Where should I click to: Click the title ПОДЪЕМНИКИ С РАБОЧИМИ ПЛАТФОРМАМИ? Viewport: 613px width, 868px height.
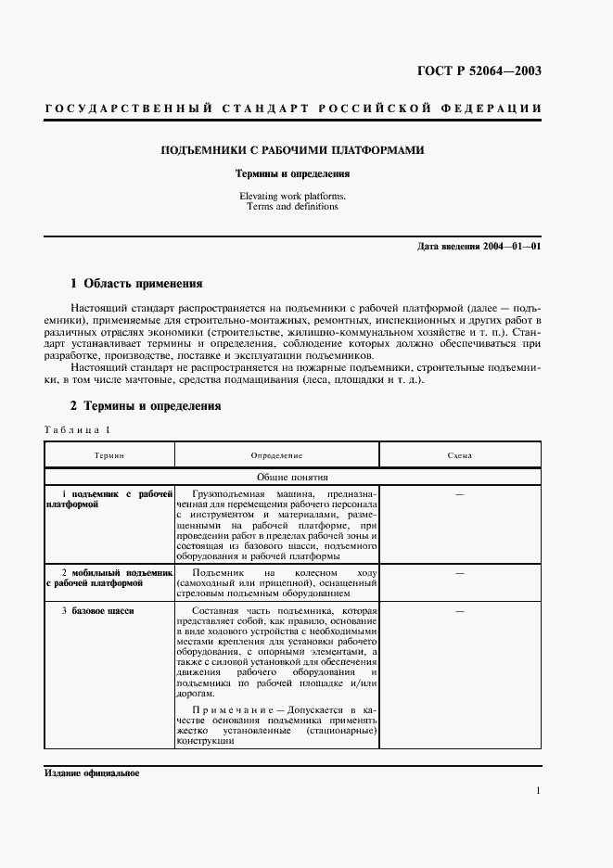click(x=293, y=149)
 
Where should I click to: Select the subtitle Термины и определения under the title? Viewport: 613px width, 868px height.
click(x=292, y=173)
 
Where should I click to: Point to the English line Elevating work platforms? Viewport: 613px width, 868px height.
click(x=292, y=197)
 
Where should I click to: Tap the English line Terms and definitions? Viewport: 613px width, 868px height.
click(x=292, y=207)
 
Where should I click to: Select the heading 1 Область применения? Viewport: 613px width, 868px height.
click(x=136, y=283)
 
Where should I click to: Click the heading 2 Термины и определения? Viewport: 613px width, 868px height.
click(x=146, y=405)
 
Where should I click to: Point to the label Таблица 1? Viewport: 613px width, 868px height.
click(x=77, y=430)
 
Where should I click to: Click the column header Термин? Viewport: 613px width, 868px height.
click(x=109, y=456)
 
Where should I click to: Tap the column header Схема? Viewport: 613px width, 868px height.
click(x=459, y=456)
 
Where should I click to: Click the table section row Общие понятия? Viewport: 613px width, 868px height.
click(x=293, y=477)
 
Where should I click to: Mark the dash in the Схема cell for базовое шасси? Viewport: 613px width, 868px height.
click(x=459, y=611)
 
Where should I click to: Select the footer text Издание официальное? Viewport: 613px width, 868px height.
click(x=91, y=773)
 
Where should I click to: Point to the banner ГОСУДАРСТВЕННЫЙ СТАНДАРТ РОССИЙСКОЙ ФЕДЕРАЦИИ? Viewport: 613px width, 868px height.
click(x=293, y=108)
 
